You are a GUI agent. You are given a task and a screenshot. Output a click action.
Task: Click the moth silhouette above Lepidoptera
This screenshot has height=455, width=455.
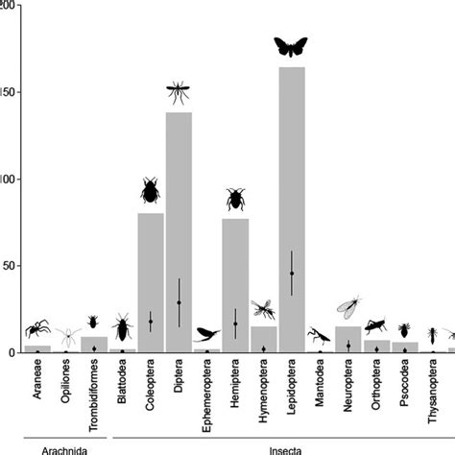point(292,45)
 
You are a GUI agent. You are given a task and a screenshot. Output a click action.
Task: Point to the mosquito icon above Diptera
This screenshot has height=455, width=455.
point(179,92)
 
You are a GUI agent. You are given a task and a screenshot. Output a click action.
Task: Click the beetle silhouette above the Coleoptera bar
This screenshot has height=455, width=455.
point(151,191)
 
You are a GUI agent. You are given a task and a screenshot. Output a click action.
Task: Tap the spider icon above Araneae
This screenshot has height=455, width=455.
point(37,329)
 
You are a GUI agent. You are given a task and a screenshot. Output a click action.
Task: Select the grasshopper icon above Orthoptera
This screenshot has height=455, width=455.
point(375,324)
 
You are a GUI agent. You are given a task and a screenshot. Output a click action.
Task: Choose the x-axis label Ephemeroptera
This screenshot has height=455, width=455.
point(207,395)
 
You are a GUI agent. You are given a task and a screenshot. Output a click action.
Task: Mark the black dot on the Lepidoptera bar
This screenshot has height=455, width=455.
point(292,274)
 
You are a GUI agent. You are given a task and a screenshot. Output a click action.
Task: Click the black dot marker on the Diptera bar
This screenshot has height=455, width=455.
point(179,302)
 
